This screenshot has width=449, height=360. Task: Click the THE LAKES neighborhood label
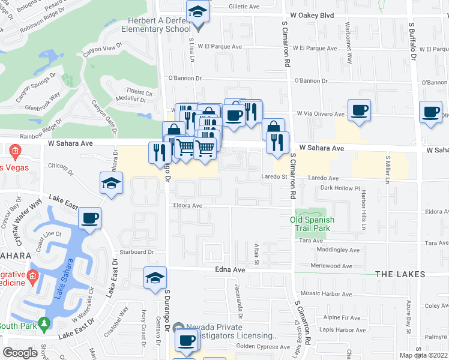(x=400, y=274)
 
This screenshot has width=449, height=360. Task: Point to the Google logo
(x=20, y=353)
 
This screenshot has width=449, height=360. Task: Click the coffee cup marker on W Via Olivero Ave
(x=360, y=110)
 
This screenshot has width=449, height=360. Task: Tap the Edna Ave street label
(x=228, y=271)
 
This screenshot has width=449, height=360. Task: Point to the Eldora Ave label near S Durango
(x=188, y=205)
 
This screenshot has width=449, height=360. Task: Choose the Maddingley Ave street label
(x=338, y=250)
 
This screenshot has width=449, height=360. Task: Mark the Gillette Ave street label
(x=244, y=7)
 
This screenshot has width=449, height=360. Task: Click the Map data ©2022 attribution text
(x=424, y=355)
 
